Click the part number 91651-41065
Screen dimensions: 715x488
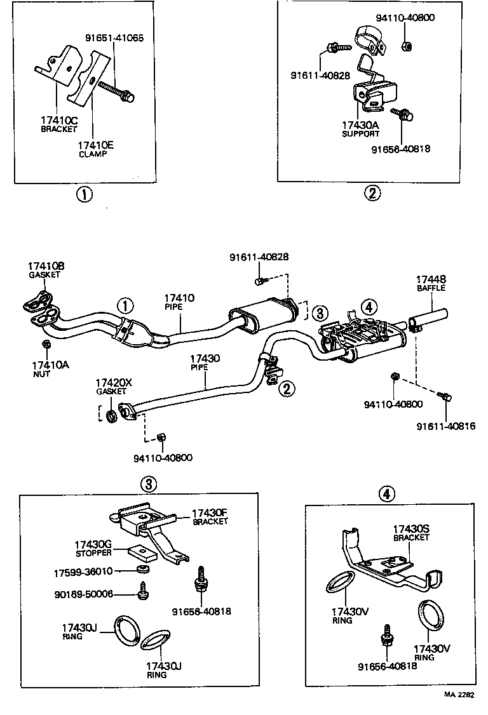tap(114, 37)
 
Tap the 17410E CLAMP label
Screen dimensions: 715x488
tap(96, 149)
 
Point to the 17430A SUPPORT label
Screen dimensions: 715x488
tap(360, 129)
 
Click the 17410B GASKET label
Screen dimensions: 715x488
tap(45, 270)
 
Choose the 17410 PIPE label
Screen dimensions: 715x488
tap(179, 302)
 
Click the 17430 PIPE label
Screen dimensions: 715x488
tap(205, 363)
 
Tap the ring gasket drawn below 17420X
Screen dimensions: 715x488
tap(111, 416)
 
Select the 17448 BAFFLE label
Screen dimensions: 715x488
tap(431, 283)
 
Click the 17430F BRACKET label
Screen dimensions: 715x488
tap(210, 517)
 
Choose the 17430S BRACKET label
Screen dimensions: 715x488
tap(411, 533)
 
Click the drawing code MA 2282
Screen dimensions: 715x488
tap(458, 695)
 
